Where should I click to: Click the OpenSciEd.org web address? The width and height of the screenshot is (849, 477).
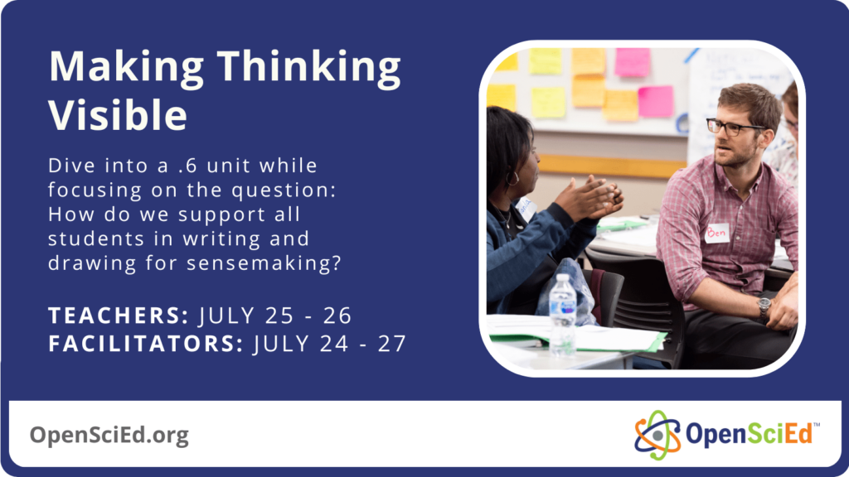109,435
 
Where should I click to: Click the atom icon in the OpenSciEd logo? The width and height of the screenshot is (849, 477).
657,435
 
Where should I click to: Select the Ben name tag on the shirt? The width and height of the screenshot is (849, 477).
716,234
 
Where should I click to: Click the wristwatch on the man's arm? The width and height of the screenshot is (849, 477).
764,308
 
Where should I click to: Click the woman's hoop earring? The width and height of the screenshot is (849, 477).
514,177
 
